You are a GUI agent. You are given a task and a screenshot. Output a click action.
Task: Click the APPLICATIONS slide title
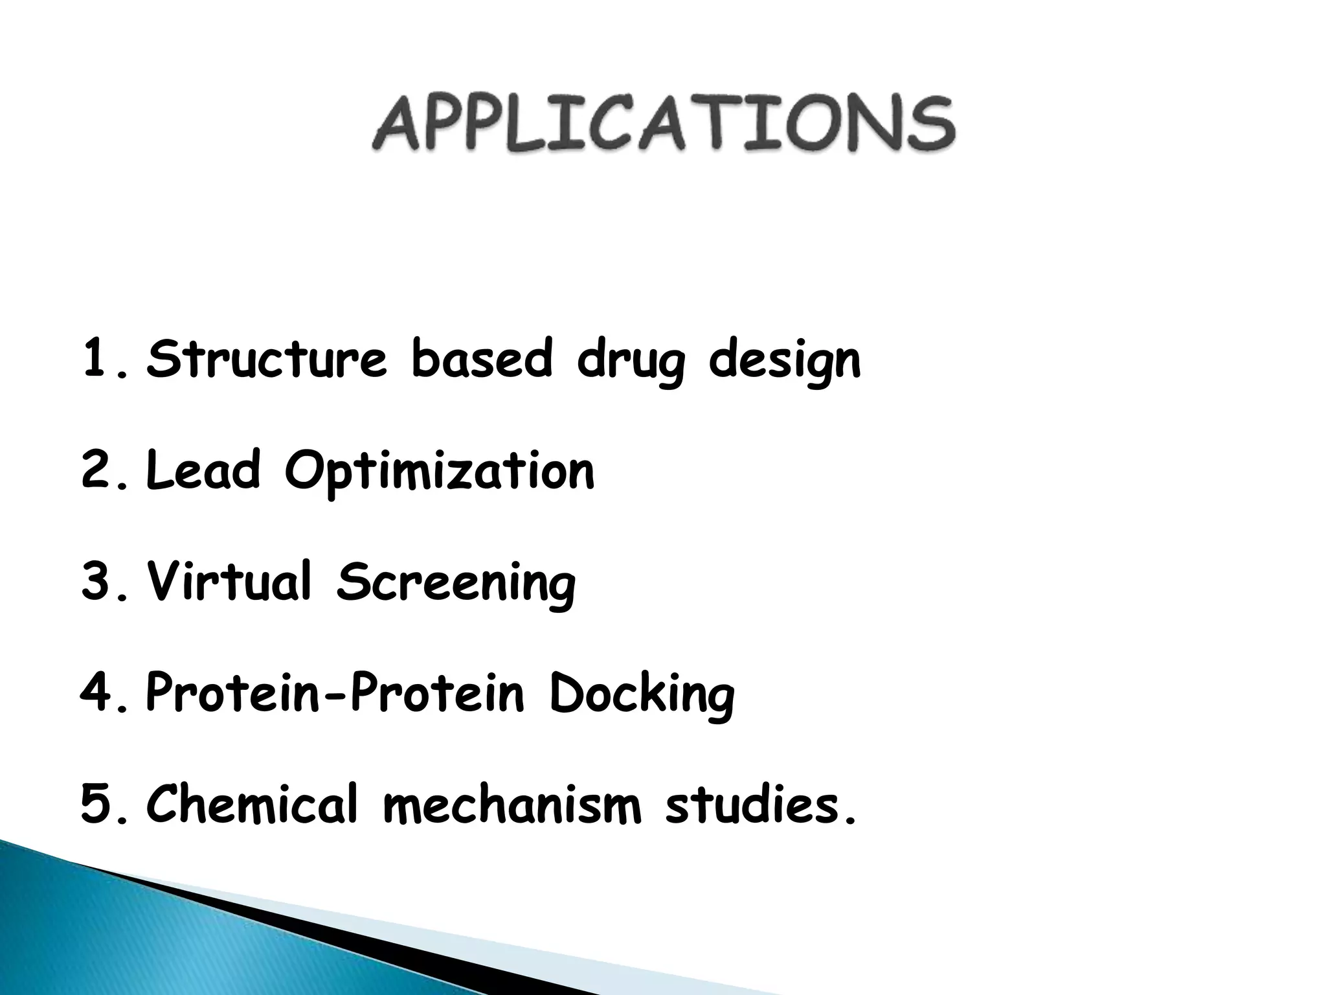pos(663,124)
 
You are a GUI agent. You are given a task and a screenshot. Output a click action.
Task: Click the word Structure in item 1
pos(267,359)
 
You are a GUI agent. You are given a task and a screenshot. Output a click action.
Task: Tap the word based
pos(482,359)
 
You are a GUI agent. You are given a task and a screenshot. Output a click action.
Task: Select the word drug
pos(631,361)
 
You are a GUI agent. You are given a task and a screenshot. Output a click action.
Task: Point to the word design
pos(785,361)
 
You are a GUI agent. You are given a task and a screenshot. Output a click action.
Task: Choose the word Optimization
pos(439,473)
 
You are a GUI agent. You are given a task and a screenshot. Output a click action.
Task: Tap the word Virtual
pos(229,581)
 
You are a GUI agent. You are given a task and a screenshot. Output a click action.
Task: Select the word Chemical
pos(252,804)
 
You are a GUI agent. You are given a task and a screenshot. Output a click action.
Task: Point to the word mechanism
pos(512,804)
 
